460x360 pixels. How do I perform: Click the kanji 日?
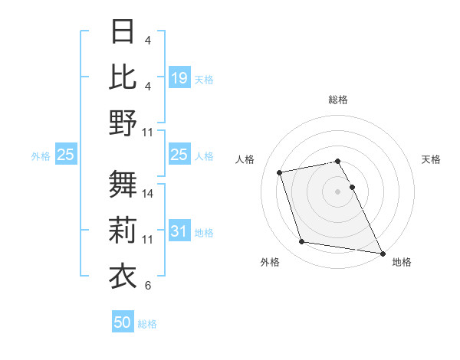(123, 32)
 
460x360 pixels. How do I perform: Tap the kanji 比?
(123, 77)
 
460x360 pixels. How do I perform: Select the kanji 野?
(123, 123)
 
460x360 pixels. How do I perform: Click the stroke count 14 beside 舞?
(148, 194)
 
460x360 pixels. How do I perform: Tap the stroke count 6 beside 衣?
(148, 286)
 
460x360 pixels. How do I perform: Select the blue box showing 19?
(179, 78)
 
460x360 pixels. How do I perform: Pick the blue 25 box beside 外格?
(65, 155)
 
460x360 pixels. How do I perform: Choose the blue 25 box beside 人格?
(179, 155)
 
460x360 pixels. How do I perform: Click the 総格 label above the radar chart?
(338, 100)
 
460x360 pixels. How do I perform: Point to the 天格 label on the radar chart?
(432, 159)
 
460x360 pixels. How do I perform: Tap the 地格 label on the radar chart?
(402, 262)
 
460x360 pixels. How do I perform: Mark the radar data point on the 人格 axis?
(280, 172)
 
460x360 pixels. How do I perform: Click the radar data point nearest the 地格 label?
(382, 252)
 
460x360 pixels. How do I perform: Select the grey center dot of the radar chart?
(338, 191)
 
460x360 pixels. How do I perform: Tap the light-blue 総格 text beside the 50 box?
(147, 324)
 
